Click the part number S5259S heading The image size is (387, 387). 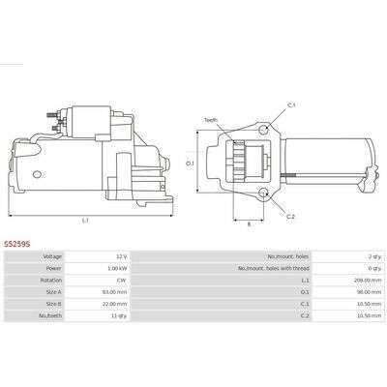point(17,244)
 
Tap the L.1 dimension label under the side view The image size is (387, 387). point(85,221)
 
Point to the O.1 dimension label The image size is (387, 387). point(190,164)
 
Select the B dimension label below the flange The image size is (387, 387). point(249,224)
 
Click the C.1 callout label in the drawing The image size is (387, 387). point(291,105)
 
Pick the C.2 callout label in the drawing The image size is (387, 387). point(290,217)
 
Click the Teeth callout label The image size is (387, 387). point(211,120)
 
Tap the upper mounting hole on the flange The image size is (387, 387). point(264,130)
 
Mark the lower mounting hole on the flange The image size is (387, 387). point(264,193)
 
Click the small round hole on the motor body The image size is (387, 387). point(37,174)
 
